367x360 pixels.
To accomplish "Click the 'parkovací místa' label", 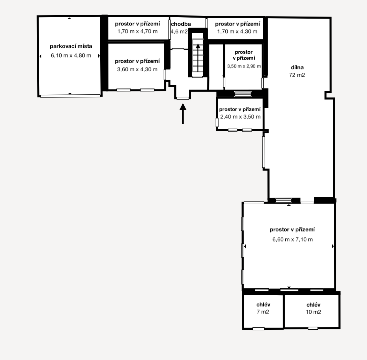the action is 71,46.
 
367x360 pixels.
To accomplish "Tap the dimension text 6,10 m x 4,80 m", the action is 71,55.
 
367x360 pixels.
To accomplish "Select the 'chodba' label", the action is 181,24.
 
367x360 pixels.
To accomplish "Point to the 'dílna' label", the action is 297,68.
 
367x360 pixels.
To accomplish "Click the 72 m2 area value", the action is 297,75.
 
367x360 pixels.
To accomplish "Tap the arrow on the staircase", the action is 198,58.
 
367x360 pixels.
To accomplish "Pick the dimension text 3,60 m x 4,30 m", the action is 137,69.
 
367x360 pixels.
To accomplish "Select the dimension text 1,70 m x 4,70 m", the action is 137,31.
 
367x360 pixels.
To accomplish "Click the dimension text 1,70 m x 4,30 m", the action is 237,31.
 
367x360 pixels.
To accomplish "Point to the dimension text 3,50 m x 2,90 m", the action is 244,66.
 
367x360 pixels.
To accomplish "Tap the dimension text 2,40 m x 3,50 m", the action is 240,117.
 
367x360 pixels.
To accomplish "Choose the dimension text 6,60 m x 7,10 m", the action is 293,239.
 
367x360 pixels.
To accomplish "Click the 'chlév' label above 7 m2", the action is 263,305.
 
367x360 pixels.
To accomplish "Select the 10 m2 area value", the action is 313,312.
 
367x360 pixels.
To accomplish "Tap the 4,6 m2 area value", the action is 179,31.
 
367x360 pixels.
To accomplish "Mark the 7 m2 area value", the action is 263,312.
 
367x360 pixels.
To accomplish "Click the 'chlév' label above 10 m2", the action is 313,305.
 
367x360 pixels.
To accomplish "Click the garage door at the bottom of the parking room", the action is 70,96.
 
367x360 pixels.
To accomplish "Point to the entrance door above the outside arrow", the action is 183,98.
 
